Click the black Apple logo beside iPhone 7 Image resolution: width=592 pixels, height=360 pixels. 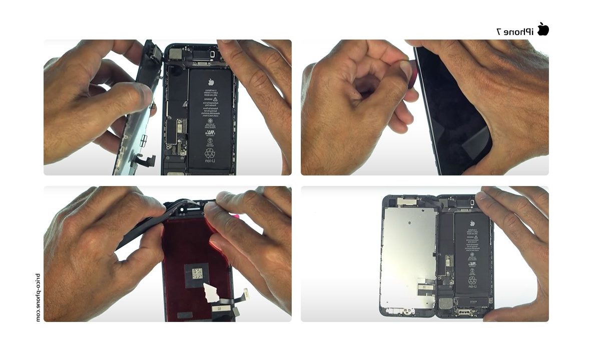pos(543,29)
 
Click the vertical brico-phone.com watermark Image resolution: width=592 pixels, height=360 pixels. pos(38,297)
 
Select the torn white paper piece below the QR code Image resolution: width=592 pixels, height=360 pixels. pos(212,294)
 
